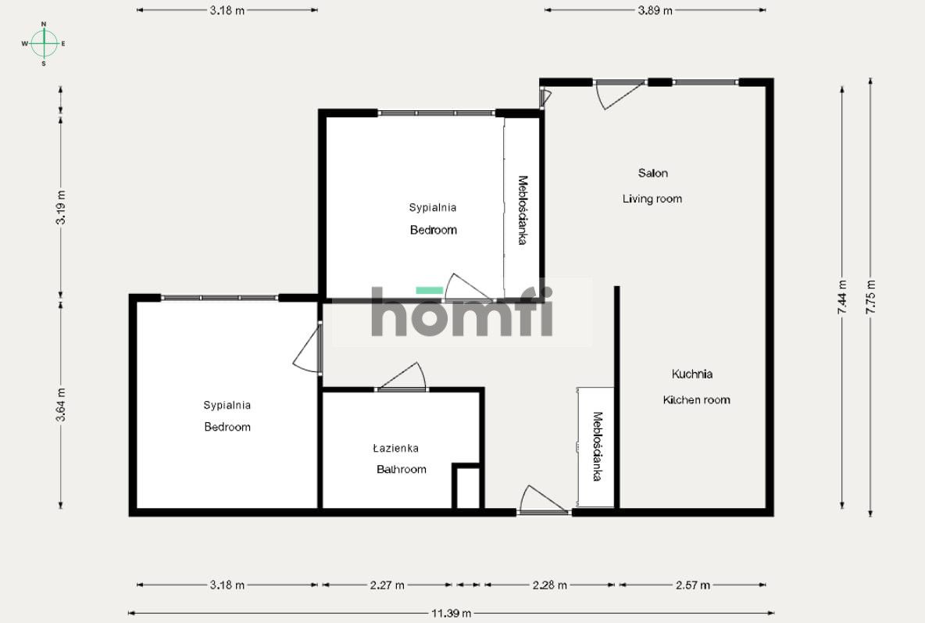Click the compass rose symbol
[44, 43]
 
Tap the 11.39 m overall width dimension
[452, 613]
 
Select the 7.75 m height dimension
[871, 297]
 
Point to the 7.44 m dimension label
[842, 297]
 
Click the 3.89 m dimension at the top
[655, 10]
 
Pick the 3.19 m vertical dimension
[61, 207]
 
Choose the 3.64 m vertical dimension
[61, 404]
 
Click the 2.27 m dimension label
[387, 585]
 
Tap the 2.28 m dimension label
[549, 585]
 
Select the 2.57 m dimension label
[692, 585]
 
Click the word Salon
[652, 173]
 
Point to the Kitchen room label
[696, 399]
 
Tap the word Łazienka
[396, 448]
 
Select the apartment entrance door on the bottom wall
[543, 499]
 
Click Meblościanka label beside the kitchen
[597, 446]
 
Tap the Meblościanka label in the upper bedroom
[522, 209]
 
